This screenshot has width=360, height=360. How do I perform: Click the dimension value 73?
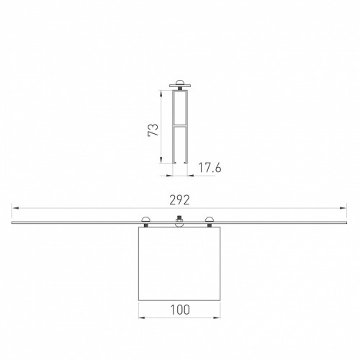[x=153, y=130]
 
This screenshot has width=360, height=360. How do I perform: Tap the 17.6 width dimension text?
[x=210, y=168]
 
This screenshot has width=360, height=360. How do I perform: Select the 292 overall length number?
[x=179, y=200]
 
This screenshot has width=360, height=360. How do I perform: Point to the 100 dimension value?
[x=180, y=310]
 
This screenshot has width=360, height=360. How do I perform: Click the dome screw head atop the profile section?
[x=180, y=82]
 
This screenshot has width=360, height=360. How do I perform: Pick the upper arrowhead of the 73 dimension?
[x=161, y=94]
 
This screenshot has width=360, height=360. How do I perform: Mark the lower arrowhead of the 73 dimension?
[x=161, y=161]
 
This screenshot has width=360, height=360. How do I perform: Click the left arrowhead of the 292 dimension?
[x=15, y=208]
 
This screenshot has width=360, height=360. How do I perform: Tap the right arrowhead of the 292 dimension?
[x=343, y=208]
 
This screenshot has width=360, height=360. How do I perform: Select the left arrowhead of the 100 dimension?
[x=142, y=318]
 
